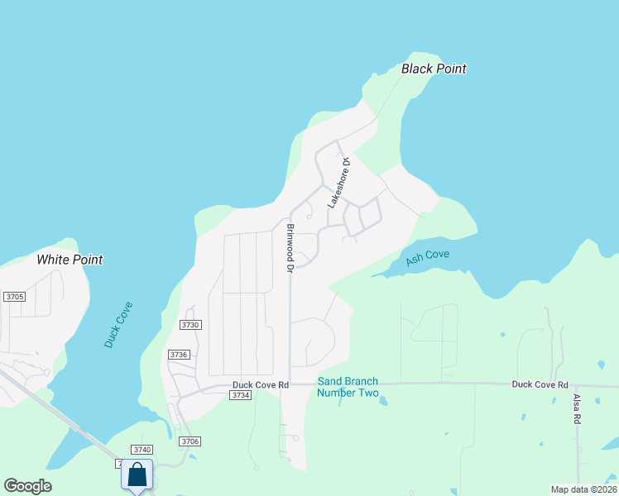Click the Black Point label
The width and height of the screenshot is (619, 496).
pos(434,69)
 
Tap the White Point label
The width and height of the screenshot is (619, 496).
pos(70,260)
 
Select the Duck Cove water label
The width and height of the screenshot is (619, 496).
pos(118,324)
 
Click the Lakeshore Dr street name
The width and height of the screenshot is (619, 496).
pos(337,183)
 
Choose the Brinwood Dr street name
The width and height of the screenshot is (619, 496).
pos(290,248)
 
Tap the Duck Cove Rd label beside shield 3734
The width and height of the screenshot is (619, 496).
pos(260,384)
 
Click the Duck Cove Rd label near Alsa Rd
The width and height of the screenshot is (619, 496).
pos(540,384)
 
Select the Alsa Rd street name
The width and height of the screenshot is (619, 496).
pos(578,409)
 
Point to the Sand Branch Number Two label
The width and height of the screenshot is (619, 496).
pos(348,387)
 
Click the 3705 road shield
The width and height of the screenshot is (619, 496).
pos(14,297)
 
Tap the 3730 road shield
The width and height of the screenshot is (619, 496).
pos(190,325)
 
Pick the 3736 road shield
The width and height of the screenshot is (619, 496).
pos(179,354)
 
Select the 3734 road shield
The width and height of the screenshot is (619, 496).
pos(240,396)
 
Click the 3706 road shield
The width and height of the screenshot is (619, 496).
pos(190,441)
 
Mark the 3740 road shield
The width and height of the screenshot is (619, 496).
pos(142,450)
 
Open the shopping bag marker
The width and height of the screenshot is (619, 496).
pos(137,475)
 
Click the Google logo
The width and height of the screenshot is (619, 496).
pos(28,485)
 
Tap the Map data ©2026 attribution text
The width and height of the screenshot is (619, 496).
pos(583,489)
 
